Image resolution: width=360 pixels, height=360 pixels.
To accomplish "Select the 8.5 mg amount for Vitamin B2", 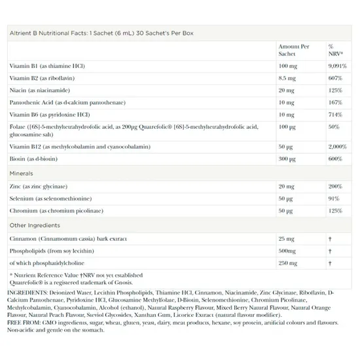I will click(x=287, y=78).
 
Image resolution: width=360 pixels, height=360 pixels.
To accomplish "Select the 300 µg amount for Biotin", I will click(x=287, y=159).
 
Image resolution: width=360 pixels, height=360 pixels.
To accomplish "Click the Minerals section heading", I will click(x=21, y=173).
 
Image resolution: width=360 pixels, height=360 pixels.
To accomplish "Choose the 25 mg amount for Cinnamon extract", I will click(x=286, y=238).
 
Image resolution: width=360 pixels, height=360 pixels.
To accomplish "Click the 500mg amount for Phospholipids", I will click(x=286, y=250).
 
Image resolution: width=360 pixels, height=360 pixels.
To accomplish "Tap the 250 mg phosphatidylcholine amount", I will click(x=287, y=262).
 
